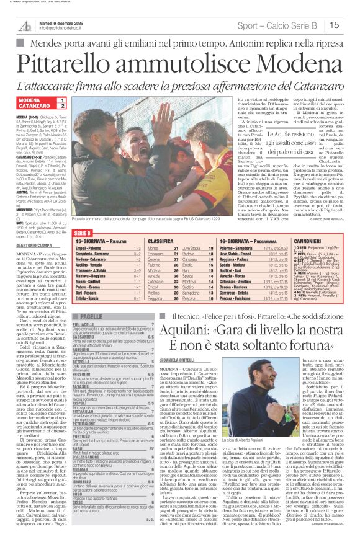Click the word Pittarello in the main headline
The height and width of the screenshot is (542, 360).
click(x=82, y=64)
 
